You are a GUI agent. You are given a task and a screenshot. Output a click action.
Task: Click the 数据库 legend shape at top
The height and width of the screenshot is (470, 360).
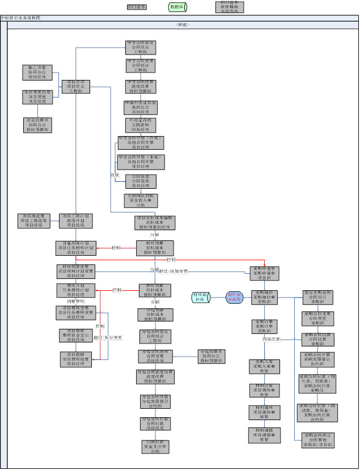[x=178, y=7]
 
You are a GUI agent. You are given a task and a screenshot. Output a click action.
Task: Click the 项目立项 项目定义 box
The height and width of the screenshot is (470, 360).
[x=75, y=86]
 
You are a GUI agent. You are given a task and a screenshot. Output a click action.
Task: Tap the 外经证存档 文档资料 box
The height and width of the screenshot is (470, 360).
[x=141, y=125]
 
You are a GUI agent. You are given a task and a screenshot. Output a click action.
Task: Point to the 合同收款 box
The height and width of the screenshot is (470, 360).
[x=141, y=181]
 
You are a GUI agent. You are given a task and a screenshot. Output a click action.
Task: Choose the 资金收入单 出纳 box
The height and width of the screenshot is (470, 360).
[x=141, y=201]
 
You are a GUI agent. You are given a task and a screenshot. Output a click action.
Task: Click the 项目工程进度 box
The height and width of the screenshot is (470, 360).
[x=37, y=221]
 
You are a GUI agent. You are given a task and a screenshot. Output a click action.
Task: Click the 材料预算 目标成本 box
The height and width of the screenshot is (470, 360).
[x=155, y=247]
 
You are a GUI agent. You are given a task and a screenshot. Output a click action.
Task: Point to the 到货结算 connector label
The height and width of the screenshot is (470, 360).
[x=271, y=339]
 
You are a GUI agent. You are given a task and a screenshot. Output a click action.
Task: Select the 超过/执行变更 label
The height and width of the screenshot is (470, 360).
[x=108, y=338]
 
